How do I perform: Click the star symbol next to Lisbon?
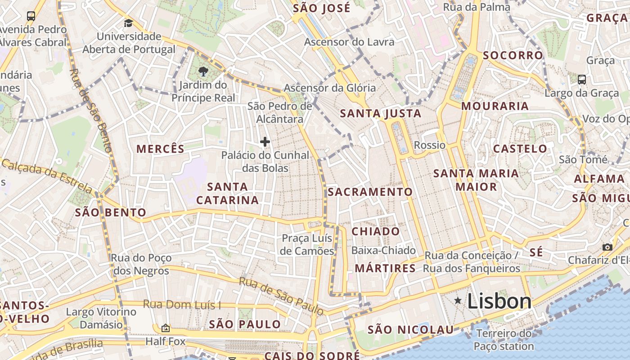coord(458,300)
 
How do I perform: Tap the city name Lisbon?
coord(499,301)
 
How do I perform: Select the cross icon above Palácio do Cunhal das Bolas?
coord(265,142)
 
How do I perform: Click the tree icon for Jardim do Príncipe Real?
coord(203,71)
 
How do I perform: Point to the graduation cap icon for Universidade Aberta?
coord(129,23)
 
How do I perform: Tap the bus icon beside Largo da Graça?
coord(581,80)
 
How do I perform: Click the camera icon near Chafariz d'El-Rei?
coord(607,247)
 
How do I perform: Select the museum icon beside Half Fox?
coord(165,328)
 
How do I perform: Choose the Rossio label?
coord(429,145)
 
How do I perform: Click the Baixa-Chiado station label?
coord(383,250)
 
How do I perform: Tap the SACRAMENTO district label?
coord(370,192)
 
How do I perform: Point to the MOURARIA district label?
coord(495,106)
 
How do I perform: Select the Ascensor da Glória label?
coord(329,88)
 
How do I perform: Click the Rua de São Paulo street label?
coord(281,296)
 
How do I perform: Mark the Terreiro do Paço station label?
coord(504,340)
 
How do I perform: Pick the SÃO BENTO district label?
coord(111,212)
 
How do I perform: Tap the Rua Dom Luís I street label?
coord(182,305)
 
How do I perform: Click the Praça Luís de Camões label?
coord(307,244)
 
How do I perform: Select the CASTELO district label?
coord(520,149)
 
